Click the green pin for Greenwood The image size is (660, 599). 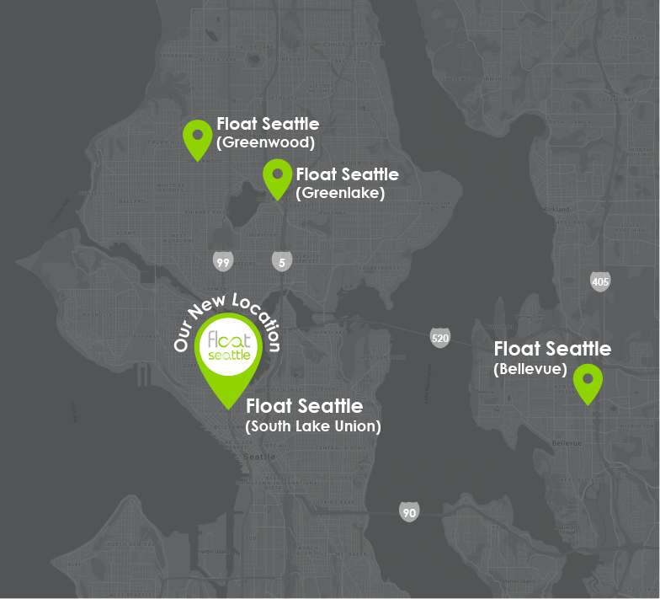coord(198,136)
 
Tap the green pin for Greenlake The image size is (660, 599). coord(277,177)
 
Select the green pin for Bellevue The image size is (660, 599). coord(588,382)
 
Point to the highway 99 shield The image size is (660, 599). coord(223,262)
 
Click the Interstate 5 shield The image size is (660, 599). coord(281,262)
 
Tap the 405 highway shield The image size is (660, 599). coord(600,282)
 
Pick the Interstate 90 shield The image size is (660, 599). coord(409,511)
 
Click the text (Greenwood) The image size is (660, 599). coord(265,142)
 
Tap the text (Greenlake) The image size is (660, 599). coord(340,193)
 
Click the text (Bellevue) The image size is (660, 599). coord(530,368)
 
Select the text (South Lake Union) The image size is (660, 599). coord(313,426)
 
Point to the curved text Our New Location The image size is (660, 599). coord(226,308)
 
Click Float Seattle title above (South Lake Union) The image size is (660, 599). coord(304,407)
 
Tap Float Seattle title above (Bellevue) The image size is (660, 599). coord(552,349)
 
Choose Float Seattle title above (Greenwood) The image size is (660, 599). coord(268,125)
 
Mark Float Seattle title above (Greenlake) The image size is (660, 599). coord(347,174)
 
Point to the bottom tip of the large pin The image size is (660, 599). coord(228,409)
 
